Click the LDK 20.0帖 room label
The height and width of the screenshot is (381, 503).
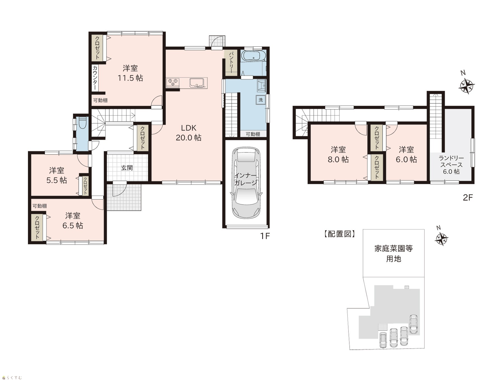tap(188, 133)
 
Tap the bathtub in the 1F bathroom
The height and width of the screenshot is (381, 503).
tap(253, 55)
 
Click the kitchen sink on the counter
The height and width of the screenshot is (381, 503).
tap(197, 82)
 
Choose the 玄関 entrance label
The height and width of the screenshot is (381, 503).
tap(127, 168)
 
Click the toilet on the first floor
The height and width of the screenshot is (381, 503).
tap(82, 123)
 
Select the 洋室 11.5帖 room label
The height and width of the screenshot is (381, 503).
tap(130, 73)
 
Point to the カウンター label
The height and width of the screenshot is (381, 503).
tap(95, 78)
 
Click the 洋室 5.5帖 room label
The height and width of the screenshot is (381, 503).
tap(57, 175)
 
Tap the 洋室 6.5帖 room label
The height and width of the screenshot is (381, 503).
tap(73, 221)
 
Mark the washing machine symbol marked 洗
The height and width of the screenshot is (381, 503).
tap(260, 100)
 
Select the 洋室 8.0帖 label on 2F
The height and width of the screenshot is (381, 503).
tap(338, 155)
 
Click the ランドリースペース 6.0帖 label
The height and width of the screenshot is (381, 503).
tap(451, 165)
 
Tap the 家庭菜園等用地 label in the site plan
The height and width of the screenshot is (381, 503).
tap(393, 254)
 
